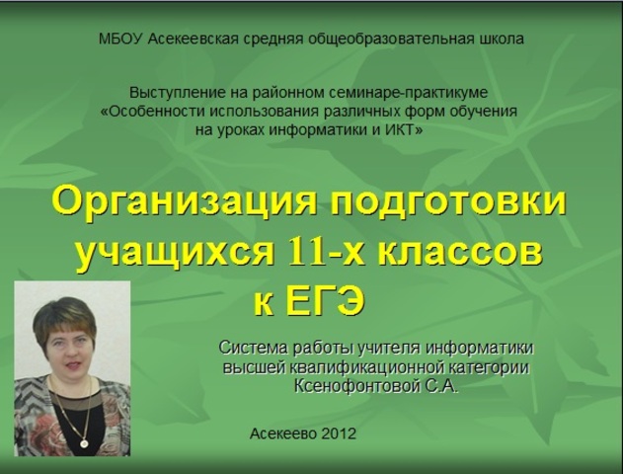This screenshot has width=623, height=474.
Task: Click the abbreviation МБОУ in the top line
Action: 120,39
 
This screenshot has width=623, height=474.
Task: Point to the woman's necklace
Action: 71,415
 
